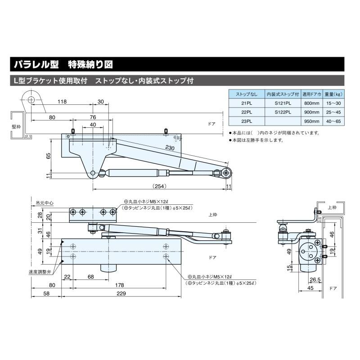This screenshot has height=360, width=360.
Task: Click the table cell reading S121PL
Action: tap(283, 103)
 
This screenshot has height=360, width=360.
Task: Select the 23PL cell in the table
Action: tap(247, 121)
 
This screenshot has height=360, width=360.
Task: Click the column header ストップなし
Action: tap(247, 94)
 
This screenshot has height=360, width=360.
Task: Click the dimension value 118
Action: tap(62, 102)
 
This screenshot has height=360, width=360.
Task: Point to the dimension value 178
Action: tap(119, 284)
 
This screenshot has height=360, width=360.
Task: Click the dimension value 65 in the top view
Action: tap(48, 155)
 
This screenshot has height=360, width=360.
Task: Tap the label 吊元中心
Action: tap(45, 203)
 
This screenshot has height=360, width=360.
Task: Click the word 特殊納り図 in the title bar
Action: tap(90, 64)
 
